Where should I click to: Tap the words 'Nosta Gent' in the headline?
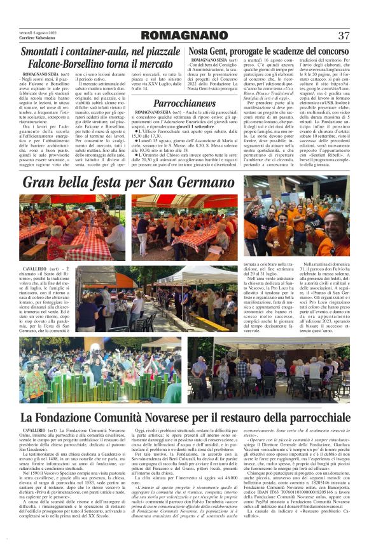click(x=209, y=51)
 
